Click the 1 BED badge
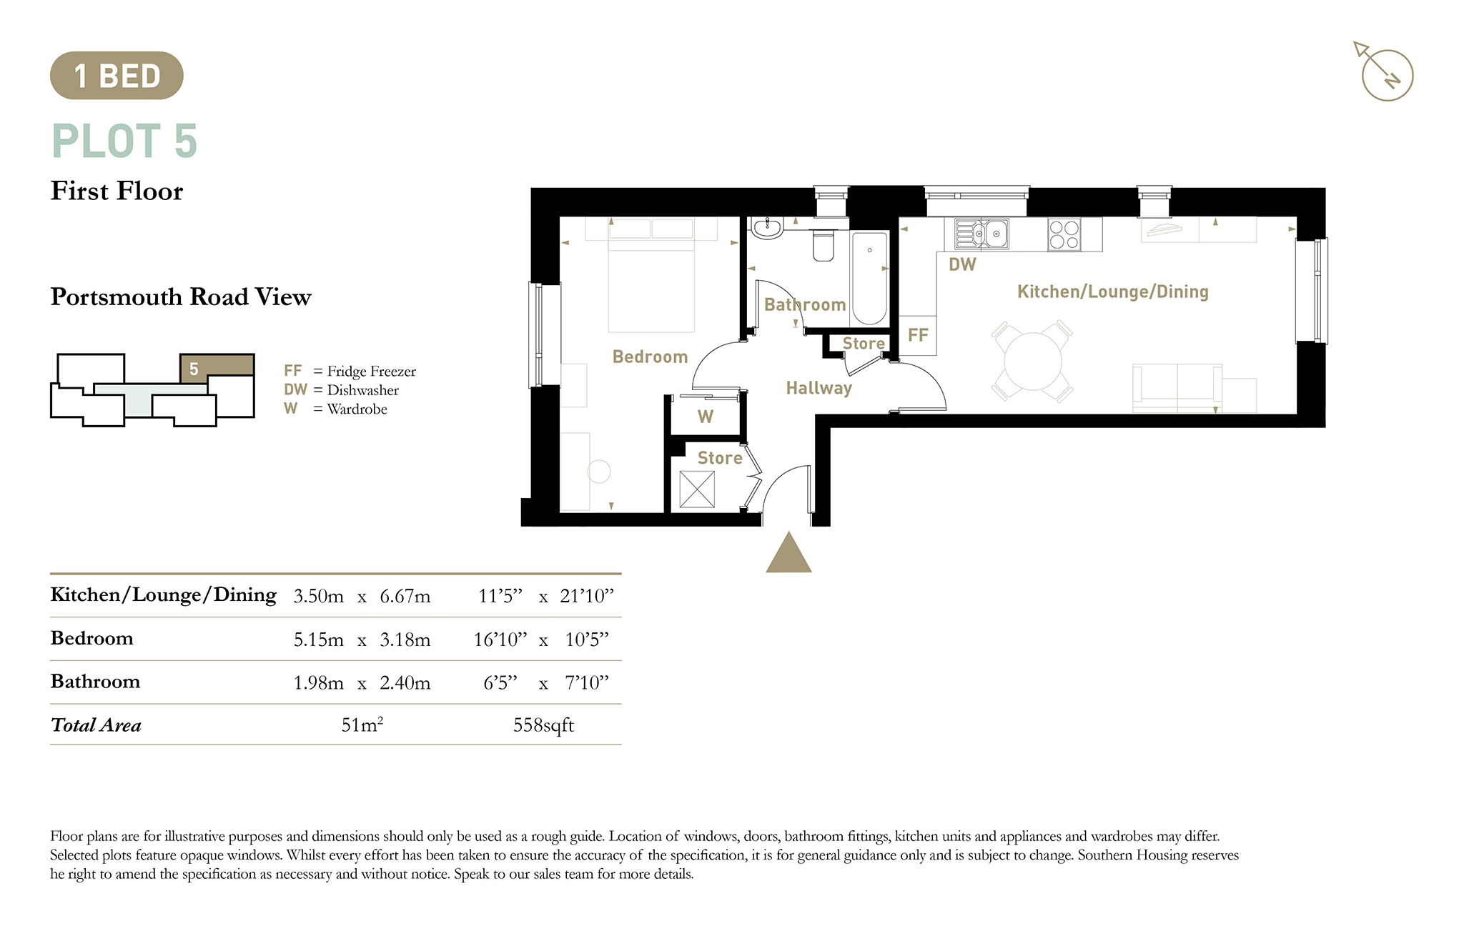117,75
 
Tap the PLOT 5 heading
124,141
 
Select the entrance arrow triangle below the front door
788,552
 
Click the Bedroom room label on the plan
651,357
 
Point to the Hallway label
819,388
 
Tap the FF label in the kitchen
918,335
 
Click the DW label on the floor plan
962,264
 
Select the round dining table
1033,362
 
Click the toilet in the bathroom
823,245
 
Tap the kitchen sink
981,234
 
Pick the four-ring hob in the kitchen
1064,234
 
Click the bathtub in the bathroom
870,278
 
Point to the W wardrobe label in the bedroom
706,417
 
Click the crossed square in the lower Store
697,489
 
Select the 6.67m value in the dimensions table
405,596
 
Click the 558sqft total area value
543,725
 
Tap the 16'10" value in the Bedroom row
500,639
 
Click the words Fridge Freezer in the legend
372,372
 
